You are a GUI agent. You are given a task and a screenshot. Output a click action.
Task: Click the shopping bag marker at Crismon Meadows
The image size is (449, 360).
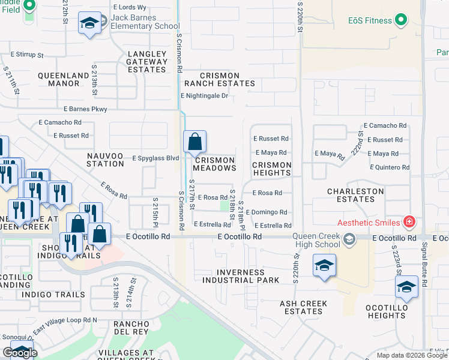(195, 142)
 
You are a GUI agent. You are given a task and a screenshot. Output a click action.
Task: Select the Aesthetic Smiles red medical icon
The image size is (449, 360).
(409, 223)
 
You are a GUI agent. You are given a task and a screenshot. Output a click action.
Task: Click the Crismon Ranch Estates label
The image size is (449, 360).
(219, 79)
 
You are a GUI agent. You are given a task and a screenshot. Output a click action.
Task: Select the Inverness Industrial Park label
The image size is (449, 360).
(241, 275)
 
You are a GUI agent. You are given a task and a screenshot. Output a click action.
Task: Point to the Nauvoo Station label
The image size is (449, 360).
(106, 159)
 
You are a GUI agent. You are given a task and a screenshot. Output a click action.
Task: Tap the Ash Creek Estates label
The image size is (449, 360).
(304, 307)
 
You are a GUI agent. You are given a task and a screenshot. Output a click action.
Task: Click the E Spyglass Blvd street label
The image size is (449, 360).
(155, 158)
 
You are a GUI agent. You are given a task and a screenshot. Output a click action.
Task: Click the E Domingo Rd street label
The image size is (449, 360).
(266, 212)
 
